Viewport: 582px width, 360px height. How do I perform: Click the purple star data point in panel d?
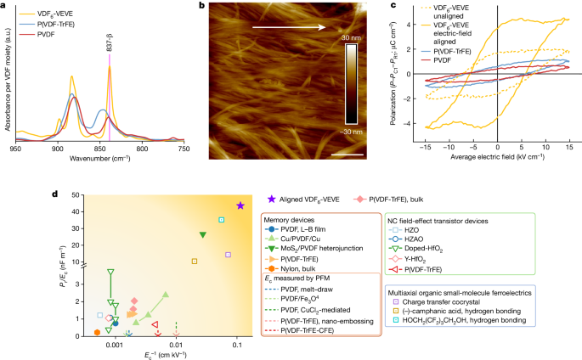pyautogui.click(x=240, y=205)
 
